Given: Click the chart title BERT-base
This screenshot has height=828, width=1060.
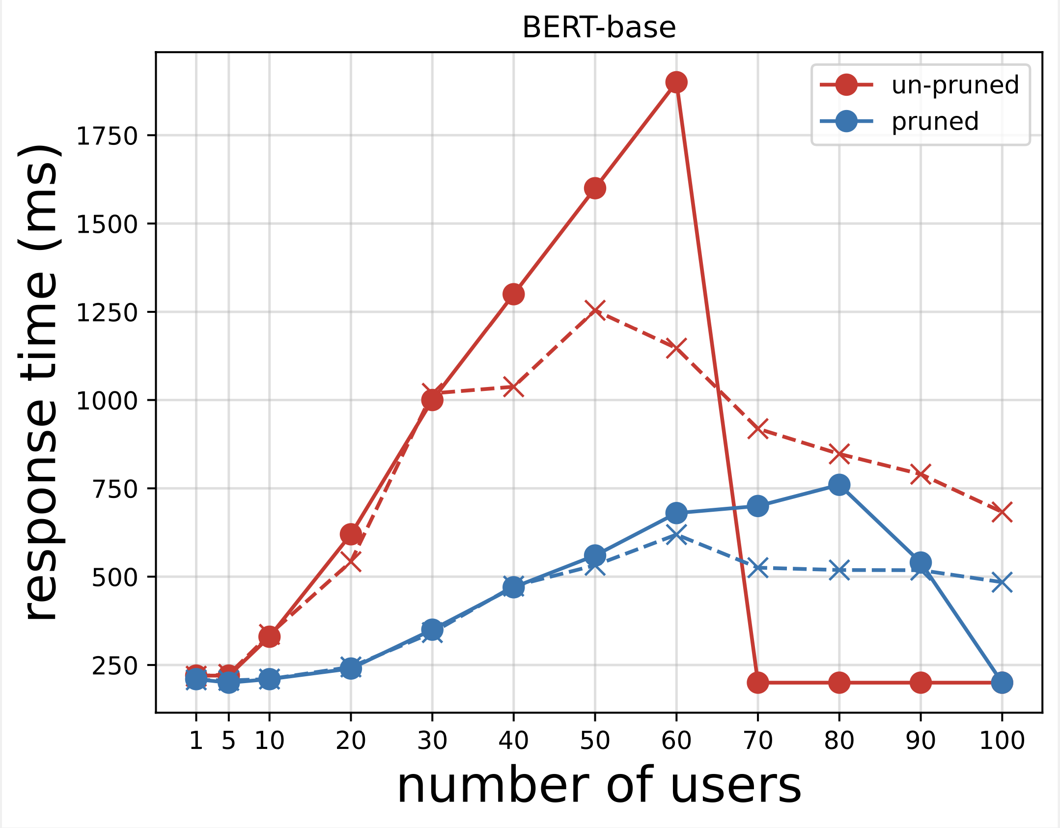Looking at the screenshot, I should pos(599,28).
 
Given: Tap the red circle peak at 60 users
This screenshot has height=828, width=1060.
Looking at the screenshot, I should pos(676,83).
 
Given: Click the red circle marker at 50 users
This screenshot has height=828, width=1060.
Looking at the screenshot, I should pos(595,188).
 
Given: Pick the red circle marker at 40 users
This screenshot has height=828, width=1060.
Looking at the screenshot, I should pos(513,294).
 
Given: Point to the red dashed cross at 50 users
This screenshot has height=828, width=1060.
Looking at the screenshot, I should pos(595,310).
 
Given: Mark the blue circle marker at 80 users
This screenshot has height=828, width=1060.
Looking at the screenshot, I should pos(839,485).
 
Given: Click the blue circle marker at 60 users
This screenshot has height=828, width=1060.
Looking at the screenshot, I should pos(676,513).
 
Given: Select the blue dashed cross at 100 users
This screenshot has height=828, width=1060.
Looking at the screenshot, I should pos(1002,582).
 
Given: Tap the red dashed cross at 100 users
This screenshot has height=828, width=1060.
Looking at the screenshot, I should pos(1002,512).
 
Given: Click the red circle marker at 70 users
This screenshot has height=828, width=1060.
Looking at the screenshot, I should pos(757,683).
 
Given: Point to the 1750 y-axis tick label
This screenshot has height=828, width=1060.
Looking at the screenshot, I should pos(107,136).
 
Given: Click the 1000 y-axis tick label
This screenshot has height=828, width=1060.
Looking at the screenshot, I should pos(107,401).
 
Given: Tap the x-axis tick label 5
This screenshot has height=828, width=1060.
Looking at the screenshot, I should pos(228,741).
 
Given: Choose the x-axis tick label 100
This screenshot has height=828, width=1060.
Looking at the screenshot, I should pos(1002,741).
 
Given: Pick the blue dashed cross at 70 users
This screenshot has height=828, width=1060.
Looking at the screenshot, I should pos(757,568).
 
